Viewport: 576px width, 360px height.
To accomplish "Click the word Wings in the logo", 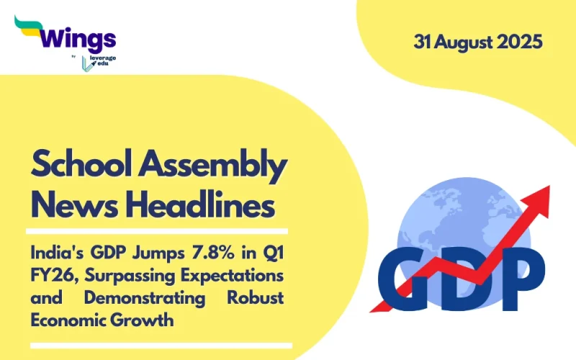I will point(80,37).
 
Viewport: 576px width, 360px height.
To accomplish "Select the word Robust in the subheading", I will point(255,299).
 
